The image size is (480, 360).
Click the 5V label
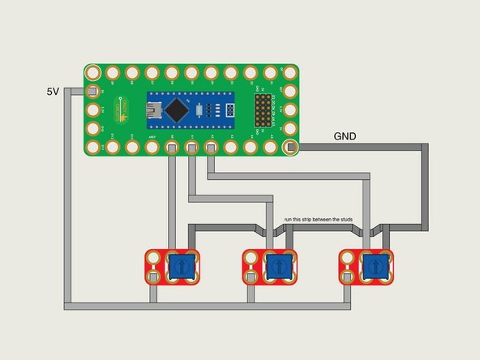(53, 91)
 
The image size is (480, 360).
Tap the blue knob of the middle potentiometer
(276, 265)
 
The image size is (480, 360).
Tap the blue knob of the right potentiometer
(373, 265)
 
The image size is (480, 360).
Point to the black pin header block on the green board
(264, 110)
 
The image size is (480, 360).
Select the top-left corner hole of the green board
(92, 74)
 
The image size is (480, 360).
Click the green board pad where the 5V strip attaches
(92, 92)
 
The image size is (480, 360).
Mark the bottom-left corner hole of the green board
(92, 147)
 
